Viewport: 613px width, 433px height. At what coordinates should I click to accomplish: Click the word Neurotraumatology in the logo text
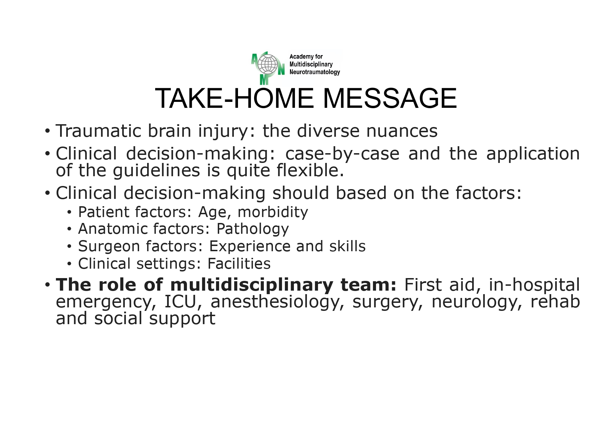click(315, 72)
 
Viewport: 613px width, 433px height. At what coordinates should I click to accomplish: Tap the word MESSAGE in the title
click(390, 99)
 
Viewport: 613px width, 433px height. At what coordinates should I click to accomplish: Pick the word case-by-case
click(342, 154)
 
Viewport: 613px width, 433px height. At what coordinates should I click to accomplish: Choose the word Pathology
click(252, 229)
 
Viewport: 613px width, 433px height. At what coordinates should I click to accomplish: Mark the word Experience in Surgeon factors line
click(250, 247)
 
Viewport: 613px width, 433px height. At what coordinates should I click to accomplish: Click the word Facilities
click(239, 264)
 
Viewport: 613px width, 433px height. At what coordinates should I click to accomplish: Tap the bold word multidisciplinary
click(252, 285)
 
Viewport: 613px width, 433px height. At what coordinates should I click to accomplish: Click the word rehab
click(555, 302)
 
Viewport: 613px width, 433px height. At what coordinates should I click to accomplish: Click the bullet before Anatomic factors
click(70, 229)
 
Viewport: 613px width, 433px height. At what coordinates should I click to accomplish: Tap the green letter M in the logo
click(264, 80)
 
